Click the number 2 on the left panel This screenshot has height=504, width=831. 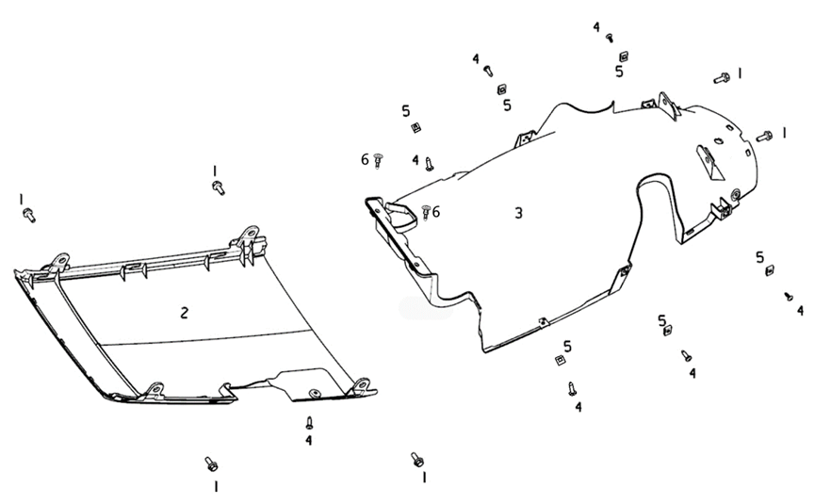(185, 313)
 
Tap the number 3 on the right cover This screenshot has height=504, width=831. (518, 213)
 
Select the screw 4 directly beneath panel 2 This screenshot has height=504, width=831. (309, 423)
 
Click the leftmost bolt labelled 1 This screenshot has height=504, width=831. (28, 215)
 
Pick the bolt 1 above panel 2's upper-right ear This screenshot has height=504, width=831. (219, 187)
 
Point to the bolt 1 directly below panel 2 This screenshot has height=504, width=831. (211, 463)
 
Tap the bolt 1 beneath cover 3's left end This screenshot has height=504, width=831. (416, 459)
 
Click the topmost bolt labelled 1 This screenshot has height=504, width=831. (722, 76)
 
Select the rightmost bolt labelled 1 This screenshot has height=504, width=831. (764, 137)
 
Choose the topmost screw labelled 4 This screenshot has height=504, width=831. (610, 38)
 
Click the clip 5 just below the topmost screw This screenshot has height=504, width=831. (623, 57)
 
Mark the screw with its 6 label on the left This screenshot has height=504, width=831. (379, 160)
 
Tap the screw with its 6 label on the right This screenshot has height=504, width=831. (426, 212)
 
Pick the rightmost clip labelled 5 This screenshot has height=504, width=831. (770, 271)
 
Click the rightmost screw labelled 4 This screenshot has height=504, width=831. (789, 296)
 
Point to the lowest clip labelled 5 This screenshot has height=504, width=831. (561, 360)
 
